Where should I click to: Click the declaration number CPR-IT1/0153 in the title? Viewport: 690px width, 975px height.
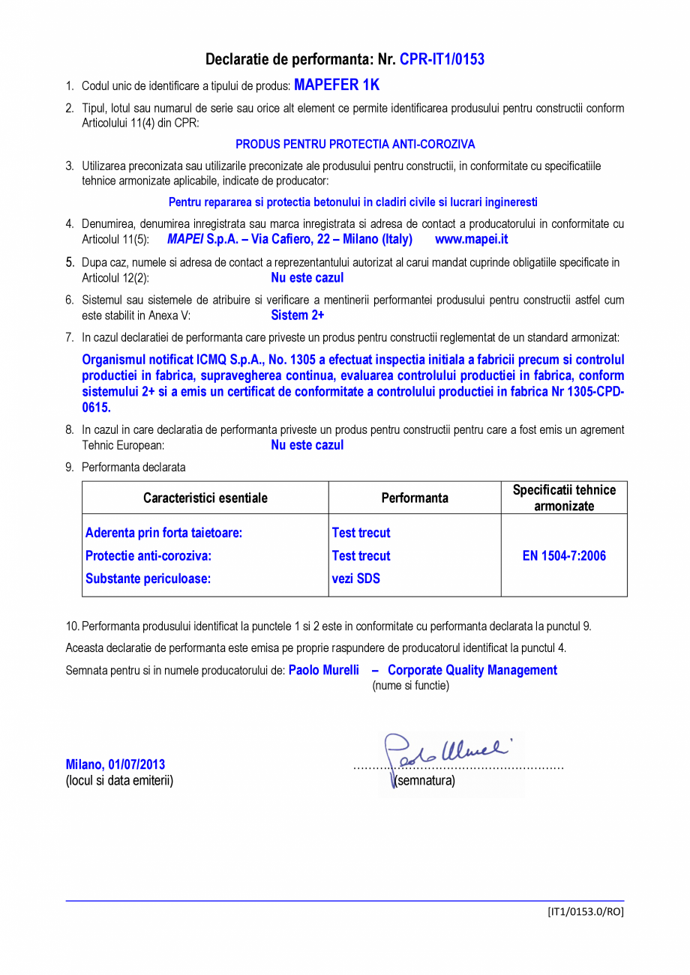point(442,59)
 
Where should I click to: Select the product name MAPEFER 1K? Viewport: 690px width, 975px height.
point(336,85)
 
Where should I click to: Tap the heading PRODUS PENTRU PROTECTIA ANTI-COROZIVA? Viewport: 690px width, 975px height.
point(355,144)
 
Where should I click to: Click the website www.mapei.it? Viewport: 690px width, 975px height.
point(471,240)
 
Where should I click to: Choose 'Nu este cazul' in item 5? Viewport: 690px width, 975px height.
point(307,278)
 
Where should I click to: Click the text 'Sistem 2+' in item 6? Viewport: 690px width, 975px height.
point(297,316)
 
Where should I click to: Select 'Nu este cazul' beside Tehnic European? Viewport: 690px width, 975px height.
point(307,445)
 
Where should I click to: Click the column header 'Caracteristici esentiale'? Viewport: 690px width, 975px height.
point(205,498)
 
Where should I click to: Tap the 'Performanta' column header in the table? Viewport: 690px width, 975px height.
point(414,498)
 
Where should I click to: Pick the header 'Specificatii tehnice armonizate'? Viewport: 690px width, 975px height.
point(564,498)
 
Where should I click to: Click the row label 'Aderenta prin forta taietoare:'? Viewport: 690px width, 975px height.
point(163,533)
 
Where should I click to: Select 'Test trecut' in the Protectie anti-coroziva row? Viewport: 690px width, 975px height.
point(361,556)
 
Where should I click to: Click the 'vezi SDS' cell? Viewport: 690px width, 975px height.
point(355,579)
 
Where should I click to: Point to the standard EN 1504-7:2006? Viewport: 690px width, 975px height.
point(564,556)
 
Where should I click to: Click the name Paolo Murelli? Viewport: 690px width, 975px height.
point(323,670)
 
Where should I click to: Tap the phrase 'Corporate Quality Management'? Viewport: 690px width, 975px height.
point(472,670)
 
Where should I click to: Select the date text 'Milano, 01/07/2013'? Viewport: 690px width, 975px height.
point(115,764)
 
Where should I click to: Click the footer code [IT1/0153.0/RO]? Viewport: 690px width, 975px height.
point(585,911)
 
